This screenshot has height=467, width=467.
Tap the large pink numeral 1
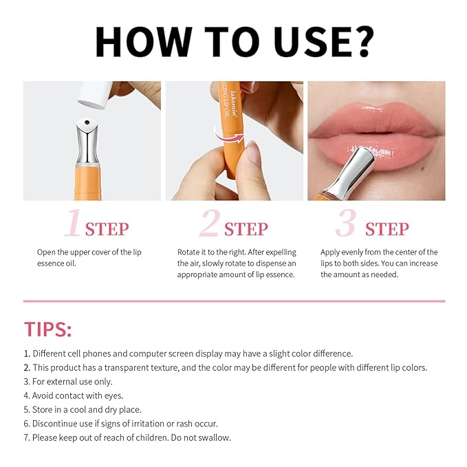73,225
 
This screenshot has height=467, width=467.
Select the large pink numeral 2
209,225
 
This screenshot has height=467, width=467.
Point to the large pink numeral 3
345,225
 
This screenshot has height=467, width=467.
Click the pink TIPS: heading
47,329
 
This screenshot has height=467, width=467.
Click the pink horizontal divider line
234,301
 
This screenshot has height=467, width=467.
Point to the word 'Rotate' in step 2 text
190,252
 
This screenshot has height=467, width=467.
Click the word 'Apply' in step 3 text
332,252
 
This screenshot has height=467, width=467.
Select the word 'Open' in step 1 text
47,252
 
